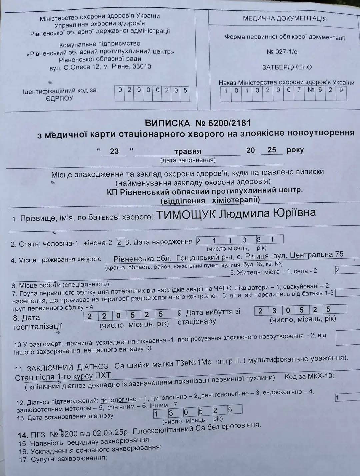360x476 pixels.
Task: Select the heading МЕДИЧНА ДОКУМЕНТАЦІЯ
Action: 285,19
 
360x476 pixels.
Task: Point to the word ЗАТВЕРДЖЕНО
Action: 287,67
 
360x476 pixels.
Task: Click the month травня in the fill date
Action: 188,151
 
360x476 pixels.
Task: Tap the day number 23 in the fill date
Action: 114,151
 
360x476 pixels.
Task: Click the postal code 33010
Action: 142,66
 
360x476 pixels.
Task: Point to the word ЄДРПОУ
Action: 59,98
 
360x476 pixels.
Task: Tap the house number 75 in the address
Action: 339,254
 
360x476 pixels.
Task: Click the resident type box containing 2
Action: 337,270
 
